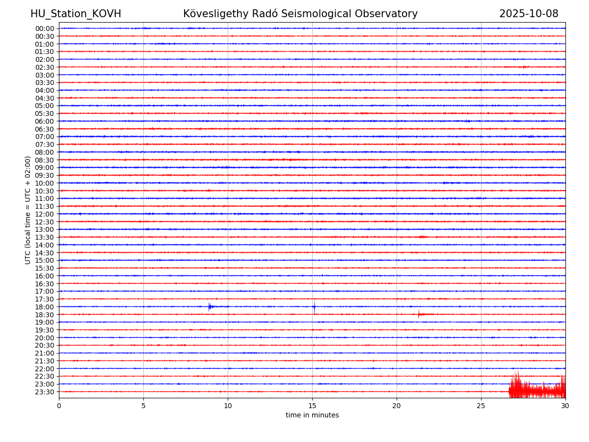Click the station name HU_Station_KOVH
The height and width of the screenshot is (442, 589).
[76, 14]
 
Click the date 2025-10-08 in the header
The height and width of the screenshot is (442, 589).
[529, 14]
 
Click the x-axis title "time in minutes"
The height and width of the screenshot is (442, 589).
[312, 415]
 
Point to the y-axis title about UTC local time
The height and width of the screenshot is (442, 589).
[28, 210]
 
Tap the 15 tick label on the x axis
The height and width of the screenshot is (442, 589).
[312, 406]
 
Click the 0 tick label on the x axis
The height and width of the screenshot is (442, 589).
[59, 406]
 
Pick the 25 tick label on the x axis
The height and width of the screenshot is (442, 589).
[481, 406]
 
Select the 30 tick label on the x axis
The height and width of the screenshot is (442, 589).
[565, 406]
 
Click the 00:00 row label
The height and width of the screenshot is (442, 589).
[45, 28]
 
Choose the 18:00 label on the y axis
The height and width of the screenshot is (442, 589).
[45, 307]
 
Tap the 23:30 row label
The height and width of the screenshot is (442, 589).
[45, 392]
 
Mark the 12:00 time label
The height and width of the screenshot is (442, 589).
[45, 214]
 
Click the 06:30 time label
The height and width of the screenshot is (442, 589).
[45, 129]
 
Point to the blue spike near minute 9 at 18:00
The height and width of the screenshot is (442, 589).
[209, 307]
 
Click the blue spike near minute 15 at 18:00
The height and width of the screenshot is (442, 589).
[314, 307]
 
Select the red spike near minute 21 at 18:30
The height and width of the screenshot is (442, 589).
[419, 314]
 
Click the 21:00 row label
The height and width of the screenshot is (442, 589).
[45, 353]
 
